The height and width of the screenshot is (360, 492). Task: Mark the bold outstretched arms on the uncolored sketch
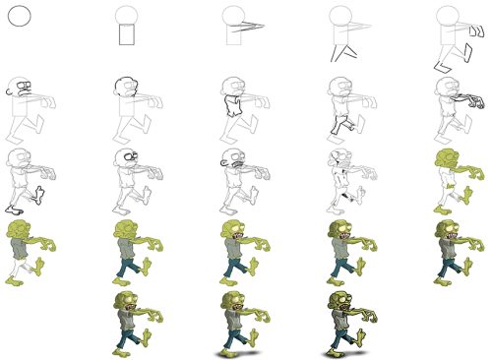pos(467,99)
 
